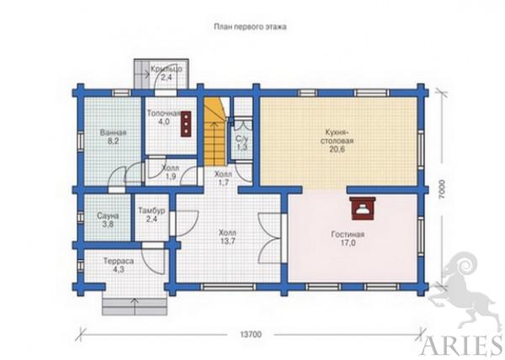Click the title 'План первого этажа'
(x=250, y=27)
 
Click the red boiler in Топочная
(x=186, y=124)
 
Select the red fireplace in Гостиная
(x=363, y=209)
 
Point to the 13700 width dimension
(x=251, y=335)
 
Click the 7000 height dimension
(x=442, y=189)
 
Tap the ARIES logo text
(x=461, y=346)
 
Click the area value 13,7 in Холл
(x=227, y=241)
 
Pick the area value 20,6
(x=337, y=149)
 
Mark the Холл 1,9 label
(x=170, y=172)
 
